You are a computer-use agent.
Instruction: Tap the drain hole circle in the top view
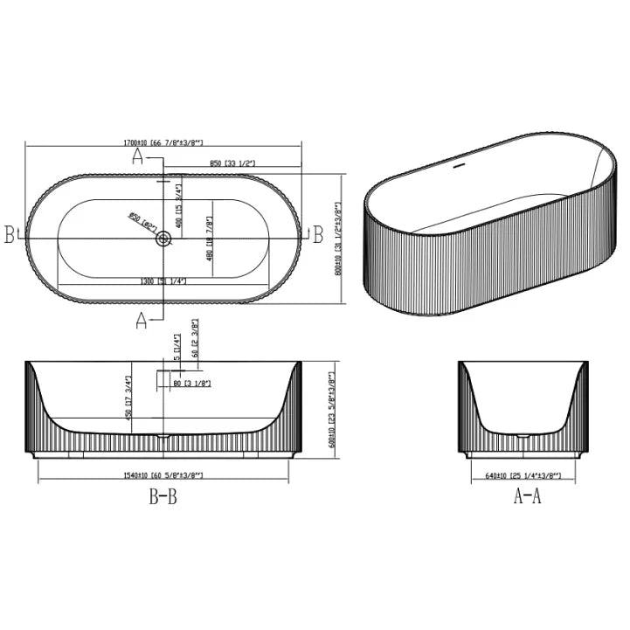pyautogui.click(x=163, y=238)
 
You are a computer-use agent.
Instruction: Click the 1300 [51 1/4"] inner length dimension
pyautogui.click(x=163, y=281)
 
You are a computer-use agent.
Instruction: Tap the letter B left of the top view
pyautogui.click(x=10, y=235)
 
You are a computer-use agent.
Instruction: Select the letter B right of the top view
pyautogui.click(x=318, y=235)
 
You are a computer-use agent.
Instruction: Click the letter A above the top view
pyautogui.click(x=137, y=156)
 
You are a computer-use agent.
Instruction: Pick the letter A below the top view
pyautogui.click(x=140, y=321)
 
